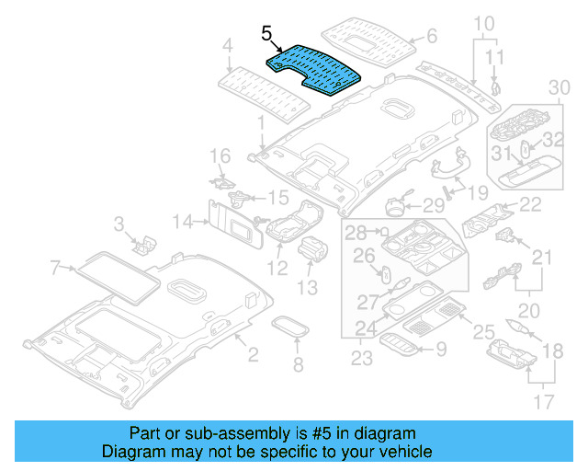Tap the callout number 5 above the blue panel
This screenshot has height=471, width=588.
(x=266, y=35)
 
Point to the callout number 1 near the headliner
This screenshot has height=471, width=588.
(x=261, y=121)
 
